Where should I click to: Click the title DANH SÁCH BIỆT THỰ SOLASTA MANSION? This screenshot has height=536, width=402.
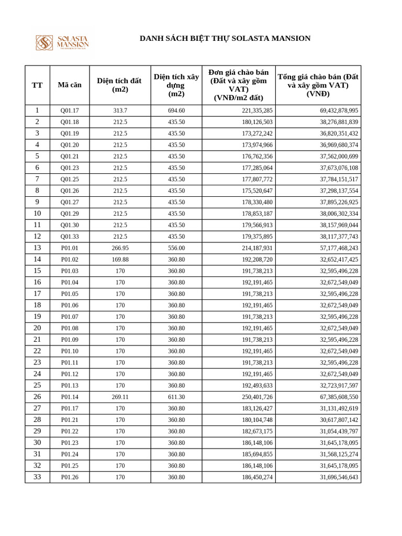[x=225, y=38]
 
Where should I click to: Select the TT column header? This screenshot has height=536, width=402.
[x=37, y=85]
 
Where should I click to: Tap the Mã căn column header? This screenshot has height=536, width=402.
[x=70, y=85]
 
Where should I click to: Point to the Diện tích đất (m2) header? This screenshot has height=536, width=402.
[x=120, y=85]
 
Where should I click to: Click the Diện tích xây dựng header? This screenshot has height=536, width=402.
[x=176, y=85]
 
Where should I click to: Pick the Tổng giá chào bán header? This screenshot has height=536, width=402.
[x=318, y=85]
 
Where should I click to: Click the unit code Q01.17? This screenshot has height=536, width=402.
[x=70, y=110]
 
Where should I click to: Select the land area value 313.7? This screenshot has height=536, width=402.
[x=120, y=110]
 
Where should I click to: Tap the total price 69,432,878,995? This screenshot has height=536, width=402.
[x=339, y=110]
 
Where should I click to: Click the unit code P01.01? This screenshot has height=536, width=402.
[x=70, y=248]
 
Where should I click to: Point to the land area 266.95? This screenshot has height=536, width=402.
[x=120, y=248]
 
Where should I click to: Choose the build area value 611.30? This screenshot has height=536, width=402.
[x=176, y=397]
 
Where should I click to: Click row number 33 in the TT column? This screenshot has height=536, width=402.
[x=37, y=477]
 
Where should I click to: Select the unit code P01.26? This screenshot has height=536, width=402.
[x=70, y=477]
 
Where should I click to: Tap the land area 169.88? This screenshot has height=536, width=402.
[x=120, y=260]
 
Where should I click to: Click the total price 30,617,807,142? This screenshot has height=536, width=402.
[x=339, y=420]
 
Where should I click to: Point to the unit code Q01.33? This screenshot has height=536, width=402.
[x=70, y=237]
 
